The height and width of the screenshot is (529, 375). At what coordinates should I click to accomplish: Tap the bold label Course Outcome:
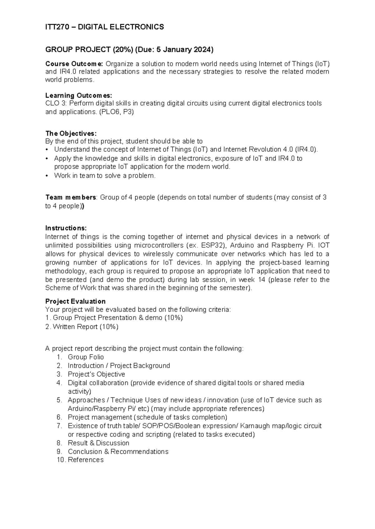(x=74, y=64)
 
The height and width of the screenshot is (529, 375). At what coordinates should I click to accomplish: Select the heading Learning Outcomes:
(x=78, y=95)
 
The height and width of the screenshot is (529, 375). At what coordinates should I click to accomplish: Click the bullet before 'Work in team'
(x=47, y=176)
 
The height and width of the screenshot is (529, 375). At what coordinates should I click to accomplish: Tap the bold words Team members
(x=71, y=197)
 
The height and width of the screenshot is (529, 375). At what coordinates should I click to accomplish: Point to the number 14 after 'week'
(x=262, y=279)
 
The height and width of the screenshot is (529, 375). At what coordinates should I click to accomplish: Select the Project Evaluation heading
(x=75, y=301)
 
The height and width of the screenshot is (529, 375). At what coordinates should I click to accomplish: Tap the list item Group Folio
(x=86, y=357)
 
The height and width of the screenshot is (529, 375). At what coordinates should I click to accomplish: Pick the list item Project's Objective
(x=96, y=374)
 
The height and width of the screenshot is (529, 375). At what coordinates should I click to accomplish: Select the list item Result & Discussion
(x=98, y=443)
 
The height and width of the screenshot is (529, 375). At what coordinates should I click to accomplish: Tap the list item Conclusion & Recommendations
(x=118, y=452)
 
